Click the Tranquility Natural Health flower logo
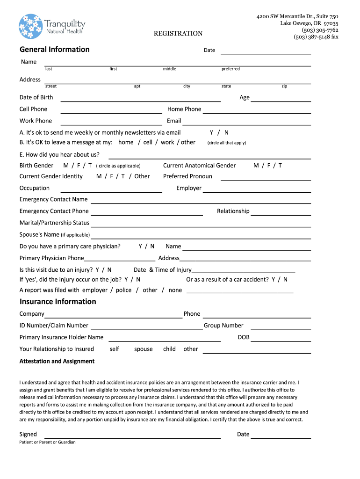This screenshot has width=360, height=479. tap(31, 26)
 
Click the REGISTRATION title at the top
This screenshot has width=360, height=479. tap(178, 33)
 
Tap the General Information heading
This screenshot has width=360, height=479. tap(54, 50)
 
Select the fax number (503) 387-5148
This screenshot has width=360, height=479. tap(316, 37)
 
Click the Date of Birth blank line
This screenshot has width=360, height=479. tap(140, 100)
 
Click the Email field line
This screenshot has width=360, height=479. tap(246, 123)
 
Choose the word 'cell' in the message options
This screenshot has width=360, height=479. tap(148, 142)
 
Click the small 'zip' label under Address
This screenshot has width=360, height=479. tap(284, 87)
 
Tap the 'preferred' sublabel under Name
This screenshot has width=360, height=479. tap(230, 69)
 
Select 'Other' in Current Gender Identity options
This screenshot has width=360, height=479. tap(142, 176)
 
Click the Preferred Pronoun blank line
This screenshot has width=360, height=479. tap(266, 179)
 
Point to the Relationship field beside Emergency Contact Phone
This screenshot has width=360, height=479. tap(281, 214)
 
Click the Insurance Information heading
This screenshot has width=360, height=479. tap(58, 302)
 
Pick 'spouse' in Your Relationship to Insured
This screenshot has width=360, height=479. tap(144, 349)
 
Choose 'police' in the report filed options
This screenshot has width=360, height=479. tap(123, 290)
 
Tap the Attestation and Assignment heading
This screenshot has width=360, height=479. tap(57, 361)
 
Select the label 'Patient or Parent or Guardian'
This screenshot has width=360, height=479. tap(47, 442)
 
